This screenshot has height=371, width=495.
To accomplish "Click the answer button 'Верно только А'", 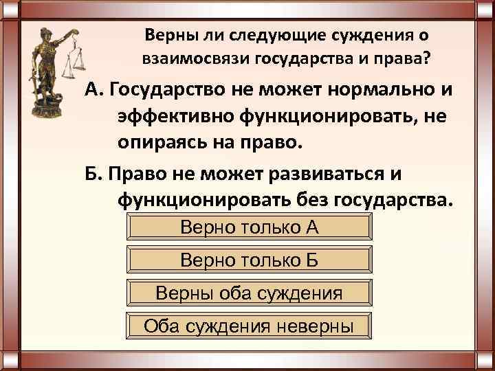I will coord(250,227).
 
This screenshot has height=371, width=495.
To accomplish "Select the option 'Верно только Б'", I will coord(250,260).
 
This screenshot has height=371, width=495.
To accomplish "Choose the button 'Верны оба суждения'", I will coord(250,293).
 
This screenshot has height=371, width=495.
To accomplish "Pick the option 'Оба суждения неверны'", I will coord(250,326).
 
